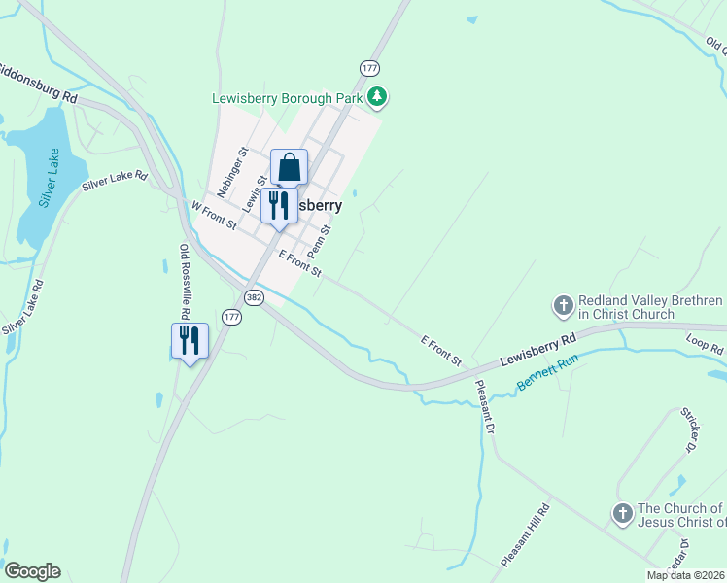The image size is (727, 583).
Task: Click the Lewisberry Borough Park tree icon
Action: (378, 97)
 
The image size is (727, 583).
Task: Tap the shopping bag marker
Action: (289, 167)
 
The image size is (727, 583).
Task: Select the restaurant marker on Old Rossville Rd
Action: (190, 341)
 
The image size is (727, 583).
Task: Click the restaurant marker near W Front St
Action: (279, 206)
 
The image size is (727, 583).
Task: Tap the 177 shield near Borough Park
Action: (368, 68)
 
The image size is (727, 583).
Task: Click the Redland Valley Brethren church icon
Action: (563, 306)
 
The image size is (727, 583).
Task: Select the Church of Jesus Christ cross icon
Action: (621, 513)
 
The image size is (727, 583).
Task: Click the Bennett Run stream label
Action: (547, 372)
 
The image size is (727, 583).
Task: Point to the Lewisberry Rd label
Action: (538, 349)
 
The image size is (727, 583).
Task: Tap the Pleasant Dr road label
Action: (485, 405)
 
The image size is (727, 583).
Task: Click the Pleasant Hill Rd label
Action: (526, 534)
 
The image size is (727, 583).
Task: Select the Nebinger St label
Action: (233, 172)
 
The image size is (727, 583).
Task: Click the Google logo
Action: (32, 571)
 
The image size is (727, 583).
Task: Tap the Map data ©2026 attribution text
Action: (686, 575)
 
